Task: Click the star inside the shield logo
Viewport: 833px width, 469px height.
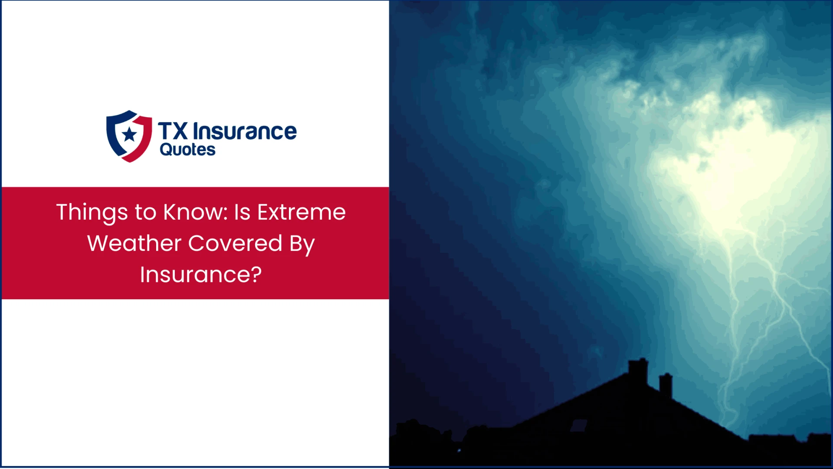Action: click(x=129, y=134)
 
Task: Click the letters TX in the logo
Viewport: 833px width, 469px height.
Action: click(x=173, y=131)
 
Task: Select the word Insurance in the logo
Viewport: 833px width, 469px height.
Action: click(x=245, y=131)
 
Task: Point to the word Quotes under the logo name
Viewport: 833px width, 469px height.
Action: click(x=187, y=150)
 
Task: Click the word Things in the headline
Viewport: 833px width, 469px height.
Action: click(x=92, y=213)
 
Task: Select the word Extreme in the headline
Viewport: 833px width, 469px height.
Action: click(x=302, y=212)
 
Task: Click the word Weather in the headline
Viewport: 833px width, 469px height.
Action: click(x=134, y=243)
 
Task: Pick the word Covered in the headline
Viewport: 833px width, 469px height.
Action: click(x=235, y=243)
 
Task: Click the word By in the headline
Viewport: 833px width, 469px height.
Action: click(x=302, y=244)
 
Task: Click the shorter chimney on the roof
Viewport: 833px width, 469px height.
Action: click(x=666, y=384)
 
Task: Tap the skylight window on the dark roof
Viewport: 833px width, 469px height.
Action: click(x=578, y=426)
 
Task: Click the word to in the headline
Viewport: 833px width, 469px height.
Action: click(x=145, y=212)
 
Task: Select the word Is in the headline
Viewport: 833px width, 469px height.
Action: click(x=242, y=212)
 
